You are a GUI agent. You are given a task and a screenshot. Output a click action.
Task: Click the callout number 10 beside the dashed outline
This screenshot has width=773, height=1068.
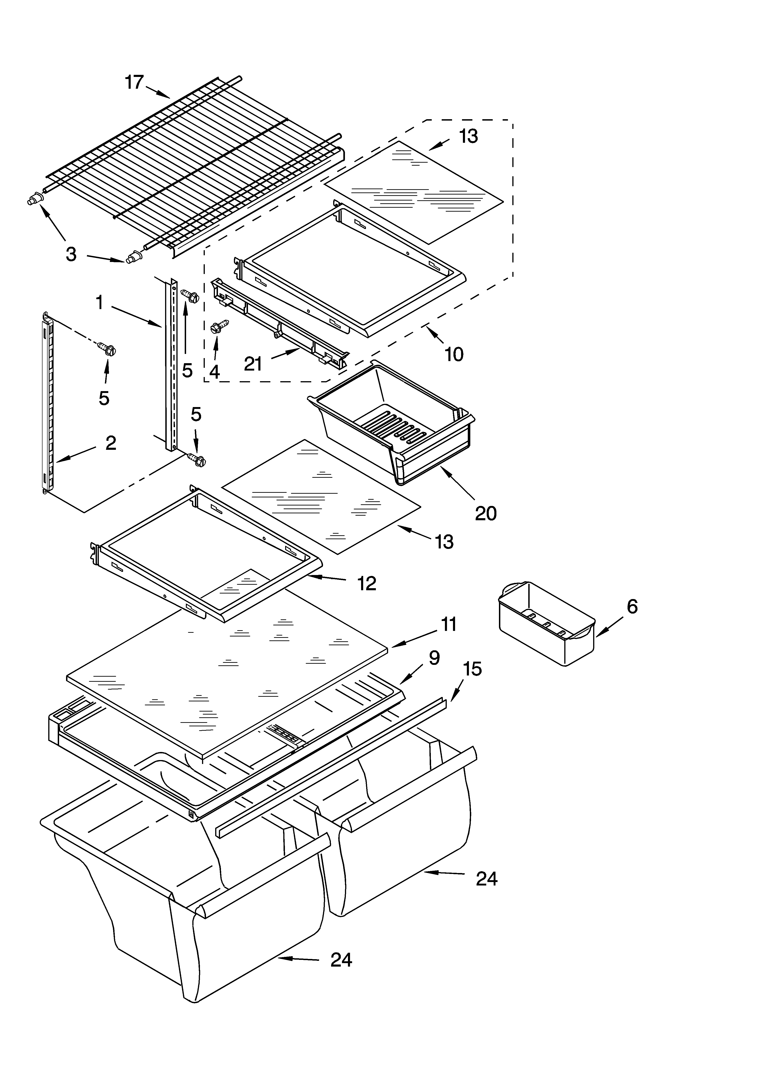click(453, 354)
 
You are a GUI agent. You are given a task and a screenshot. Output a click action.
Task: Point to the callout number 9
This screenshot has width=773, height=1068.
click(434, 658)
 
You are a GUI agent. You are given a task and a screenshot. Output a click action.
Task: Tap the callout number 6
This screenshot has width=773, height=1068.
click(632, 606)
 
